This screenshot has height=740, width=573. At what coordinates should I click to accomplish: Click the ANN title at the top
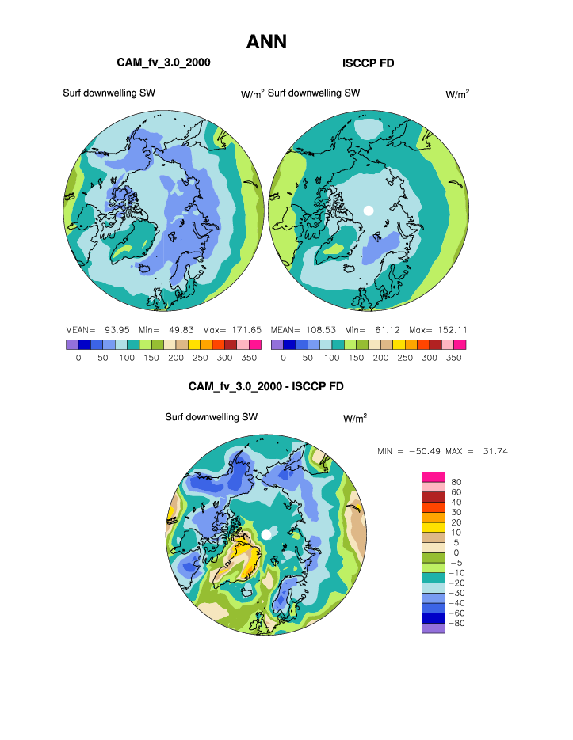tap(266, 41)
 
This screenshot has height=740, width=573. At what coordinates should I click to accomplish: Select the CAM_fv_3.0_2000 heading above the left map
tap(163, 62)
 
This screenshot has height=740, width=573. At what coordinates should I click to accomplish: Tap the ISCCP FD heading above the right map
tap(368, 63)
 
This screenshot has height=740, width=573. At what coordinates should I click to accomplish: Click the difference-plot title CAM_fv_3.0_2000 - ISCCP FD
tap(265, 386)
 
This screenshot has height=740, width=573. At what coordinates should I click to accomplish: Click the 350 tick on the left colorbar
tap(250, 358)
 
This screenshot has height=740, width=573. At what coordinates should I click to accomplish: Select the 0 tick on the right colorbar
tap(283, 358)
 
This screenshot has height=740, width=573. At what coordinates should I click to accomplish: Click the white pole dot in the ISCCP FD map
tap(367, 211)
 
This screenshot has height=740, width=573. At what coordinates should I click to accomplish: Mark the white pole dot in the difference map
tap(267, 536)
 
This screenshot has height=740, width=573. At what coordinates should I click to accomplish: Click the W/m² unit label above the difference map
tap(354, 417)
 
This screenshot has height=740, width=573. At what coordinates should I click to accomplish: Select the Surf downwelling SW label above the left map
tap(109, 93)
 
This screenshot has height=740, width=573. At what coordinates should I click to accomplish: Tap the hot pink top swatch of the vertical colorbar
tap(433, 476)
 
